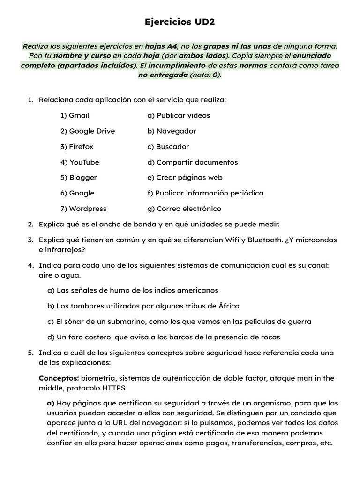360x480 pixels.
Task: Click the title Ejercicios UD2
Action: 180,22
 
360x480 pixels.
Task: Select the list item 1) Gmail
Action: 75,115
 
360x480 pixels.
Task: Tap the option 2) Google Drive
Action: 88,131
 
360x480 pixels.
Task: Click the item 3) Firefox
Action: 77,147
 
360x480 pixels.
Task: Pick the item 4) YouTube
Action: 80,162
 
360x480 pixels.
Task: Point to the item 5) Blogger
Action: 79,178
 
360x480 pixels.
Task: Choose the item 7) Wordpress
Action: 83,209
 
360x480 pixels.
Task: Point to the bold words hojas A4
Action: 162,46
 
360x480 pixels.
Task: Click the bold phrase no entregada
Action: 163,75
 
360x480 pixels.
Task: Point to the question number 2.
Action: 30,225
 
